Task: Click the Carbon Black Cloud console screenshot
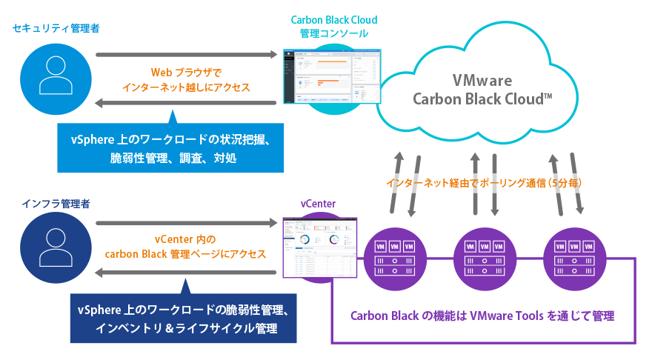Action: (x=330, y=77)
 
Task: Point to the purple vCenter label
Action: (x=318, y=204)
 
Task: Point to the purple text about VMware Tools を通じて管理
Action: (x=482, y=316)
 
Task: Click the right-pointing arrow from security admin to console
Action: (x=186, y=54)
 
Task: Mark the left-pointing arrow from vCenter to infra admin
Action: (x=186, y=273)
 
